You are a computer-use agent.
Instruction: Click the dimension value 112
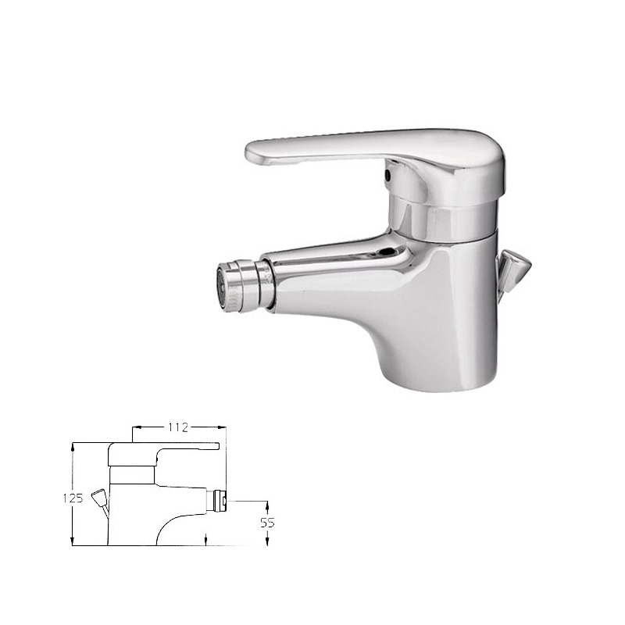click(178, 427)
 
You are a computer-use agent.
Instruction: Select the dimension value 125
click(73, 498)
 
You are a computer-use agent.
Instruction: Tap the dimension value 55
click(267, 523)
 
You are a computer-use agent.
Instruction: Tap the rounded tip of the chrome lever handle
click(255, 153)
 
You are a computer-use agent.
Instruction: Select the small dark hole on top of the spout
click(387, 252)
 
